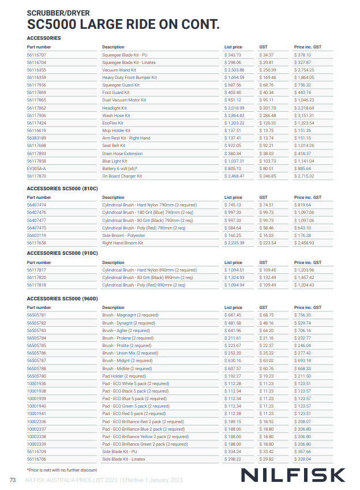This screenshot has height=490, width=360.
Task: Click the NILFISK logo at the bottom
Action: (x=292, y=474)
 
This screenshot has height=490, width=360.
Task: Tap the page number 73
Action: (x=12, y=480)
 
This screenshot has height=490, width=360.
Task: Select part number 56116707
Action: (x=36, y=55)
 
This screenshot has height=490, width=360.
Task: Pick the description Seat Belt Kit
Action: (x=114, y=146)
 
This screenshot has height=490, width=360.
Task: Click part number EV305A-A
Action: (x=36, y=168)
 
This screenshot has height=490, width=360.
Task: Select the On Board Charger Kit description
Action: (x=122, y=176)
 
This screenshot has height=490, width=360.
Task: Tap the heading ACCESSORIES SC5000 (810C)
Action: (x=62, y=189)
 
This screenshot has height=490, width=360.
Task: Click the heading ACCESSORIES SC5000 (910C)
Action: (x=62, y=253)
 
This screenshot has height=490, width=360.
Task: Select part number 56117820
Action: (x=36, y=277)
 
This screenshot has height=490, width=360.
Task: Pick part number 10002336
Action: (x=36, y=421)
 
